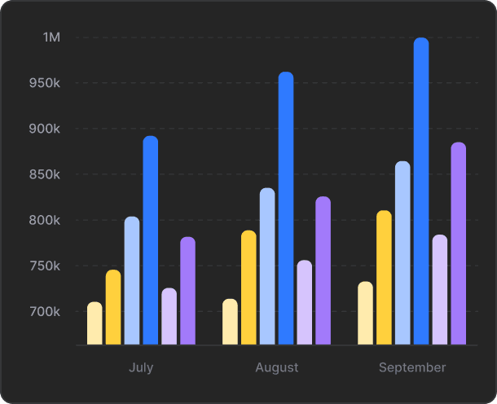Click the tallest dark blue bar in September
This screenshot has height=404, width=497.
[x=421, y=191]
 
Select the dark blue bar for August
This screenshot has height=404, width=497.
[x=286, y=209]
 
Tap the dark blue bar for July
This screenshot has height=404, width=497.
[x=151, y=240]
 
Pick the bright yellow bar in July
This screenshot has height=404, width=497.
[x=113, y=308]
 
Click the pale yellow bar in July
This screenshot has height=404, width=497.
[x=95, y=323]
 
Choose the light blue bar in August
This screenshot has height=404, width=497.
[x=267, y=266]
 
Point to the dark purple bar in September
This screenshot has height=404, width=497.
[x=459, y=244]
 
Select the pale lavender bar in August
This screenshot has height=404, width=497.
[x=305, y=303]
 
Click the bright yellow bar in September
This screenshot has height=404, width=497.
[x=384, y=278]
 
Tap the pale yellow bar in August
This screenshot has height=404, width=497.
[x=230, y=322]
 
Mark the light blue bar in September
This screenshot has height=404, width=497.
[x=402, y=253]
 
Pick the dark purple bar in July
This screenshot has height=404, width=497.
[x=188, y=291]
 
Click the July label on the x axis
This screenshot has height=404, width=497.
[x=141, y=367]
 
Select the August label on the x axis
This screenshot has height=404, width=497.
[x=277, y=367]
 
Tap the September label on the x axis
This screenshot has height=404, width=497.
[x=412, y=367]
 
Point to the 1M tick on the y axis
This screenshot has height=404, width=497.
[x=51, y=37]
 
